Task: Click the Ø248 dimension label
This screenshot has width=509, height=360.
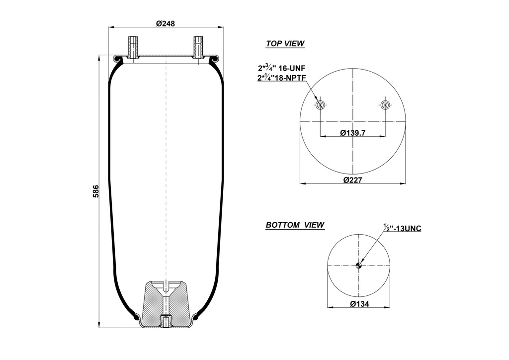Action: pos(166,23)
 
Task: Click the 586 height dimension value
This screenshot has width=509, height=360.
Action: pos(96,191)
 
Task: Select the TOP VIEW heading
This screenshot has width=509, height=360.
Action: pos(285,44)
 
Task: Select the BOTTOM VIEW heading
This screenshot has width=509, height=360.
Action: pos(295,225)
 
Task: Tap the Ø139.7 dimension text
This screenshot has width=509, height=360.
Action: pos(352,133)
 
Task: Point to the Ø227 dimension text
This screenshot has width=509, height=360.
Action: pos(353,180)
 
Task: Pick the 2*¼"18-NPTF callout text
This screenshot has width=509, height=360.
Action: pos(280,78)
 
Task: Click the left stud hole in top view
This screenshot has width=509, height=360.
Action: pos(320,104)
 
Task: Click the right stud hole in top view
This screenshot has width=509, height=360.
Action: pos(385,104)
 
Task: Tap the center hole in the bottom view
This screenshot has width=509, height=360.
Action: pos(358,266)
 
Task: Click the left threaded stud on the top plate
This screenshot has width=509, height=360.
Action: pos(133,47)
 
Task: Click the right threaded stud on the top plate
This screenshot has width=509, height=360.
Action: pos(198,47)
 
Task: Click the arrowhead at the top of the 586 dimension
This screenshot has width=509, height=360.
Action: pos(100,57)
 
